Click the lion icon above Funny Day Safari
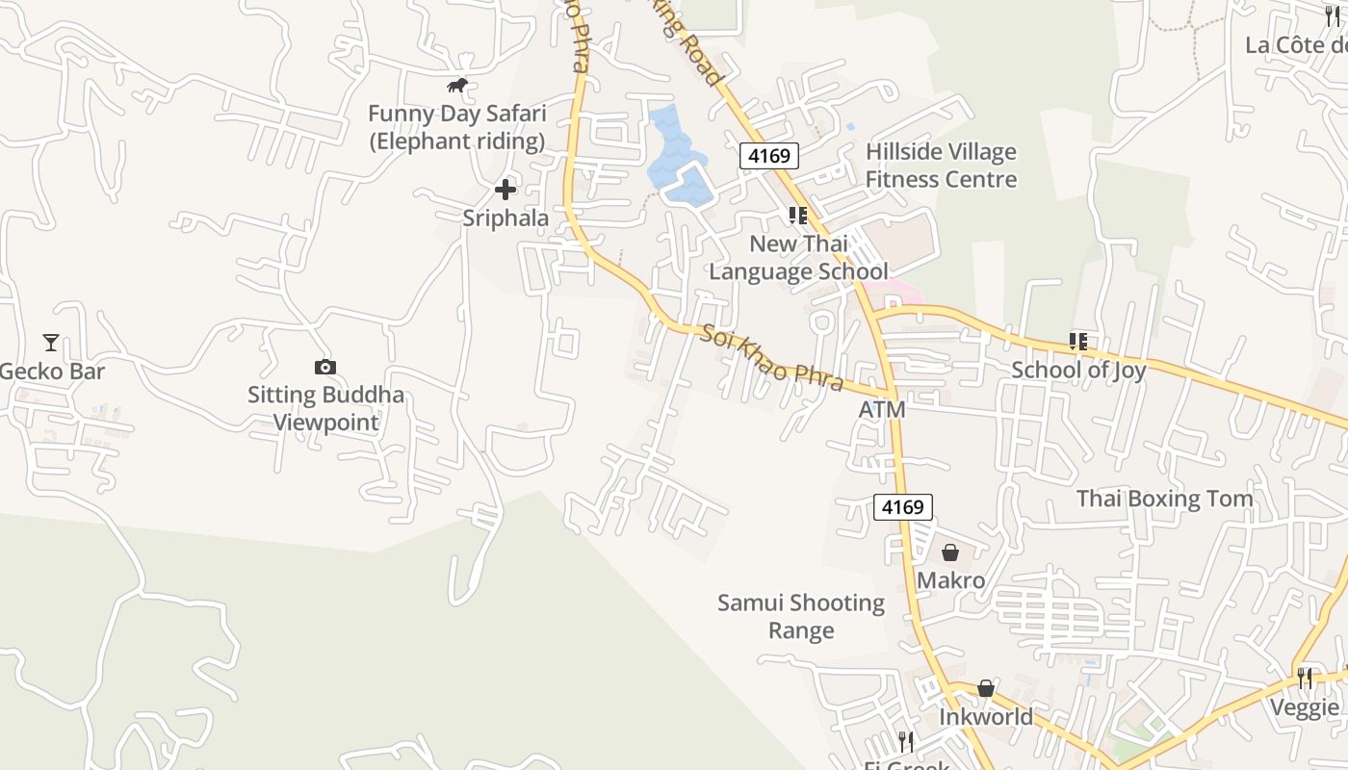click(457, 86)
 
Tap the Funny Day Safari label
click(456, 127)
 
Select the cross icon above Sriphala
click(505, 190)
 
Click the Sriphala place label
click(505, 218)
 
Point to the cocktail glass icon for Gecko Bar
click(51, 342)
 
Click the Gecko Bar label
click(52, 372)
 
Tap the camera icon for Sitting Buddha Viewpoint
click(325, 367)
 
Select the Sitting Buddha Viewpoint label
click(325, 408)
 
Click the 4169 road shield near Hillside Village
click(769, 155)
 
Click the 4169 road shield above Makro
click(903, 506)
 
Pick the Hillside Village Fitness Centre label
click(941, 166)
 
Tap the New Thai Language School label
click(798, 258)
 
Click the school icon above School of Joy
click(1078, 341)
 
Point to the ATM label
click(882, 410)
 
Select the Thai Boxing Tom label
click(1164, 499)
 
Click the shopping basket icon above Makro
click(950, 552)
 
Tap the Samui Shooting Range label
click(801, 617)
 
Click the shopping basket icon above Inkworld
click(986, 688)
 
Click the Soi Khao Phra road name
click(772, 359)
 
